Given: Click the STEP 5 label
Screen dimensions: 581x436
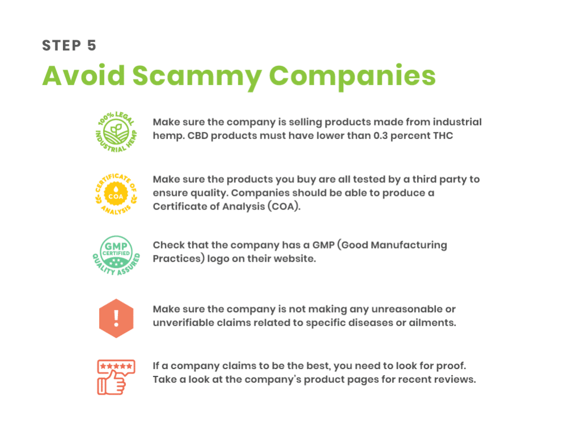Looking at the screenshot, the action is (x=69, y=45).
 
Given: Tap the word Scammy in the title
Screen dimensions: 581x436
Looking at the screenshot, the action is (x=197, y=77).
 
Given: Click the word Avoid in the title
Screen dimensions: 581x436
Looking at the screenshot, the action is (x=84, y=76).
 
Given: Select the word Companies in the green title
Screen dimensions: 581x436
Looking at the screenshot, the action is (x=352, y=77).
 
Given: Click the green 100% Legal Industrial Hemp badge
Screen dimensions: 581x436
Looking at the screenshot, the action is (x=116, y=132).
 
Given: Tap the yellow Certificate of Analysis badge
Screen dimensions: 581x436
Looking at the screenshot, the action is (x=116, y=194).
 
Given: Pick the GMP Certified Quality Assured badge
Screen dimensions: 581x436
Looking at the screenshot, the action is (x=116, y=255).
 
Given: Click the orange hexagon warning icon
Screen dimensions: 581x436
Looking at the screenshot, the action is (x=116, y=318).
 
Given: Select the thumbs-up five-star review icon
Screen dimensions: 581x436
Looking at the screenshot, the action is (x=116, y=377).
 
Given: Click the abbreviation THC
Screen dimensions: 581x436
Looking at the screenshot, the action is (x=443, y=136).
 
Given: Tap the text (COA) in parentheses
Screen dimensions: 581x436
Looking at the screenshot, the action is (x=284, y=207).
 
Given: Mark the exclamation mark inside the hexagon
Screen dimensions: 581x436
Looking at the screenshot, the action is (x=116, y=318).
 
